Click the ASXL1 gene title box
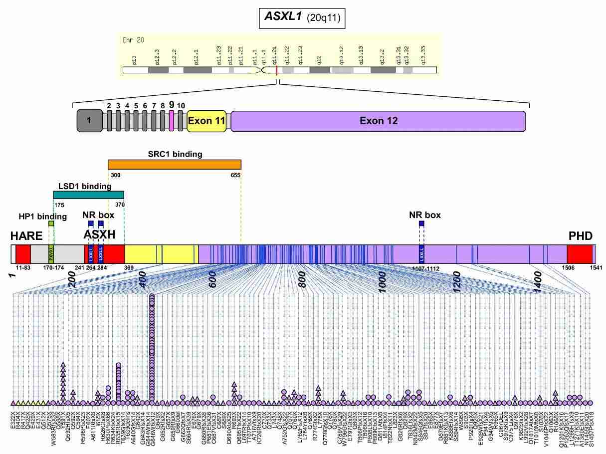pyautogui.click(x=303, y=18)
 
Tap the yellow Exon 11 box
pyautogui.click(x=206, y=121)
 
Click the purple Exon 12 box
pyautogui.click(x=378, y=121)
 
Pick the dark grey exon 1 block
pyautogui.click(x=88, y=121)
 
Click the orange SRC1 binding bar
pyautogui.click(x=175, y=165)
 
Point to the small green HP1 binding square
pyautogui.click(x=51, y=224)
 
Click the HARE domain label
pyautogui.click(x=26, y=236)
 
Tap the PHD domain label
pyautogui.click(x=581, y=236)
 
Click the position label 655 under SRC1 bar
pyautogui.click(x=235, y=175)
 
